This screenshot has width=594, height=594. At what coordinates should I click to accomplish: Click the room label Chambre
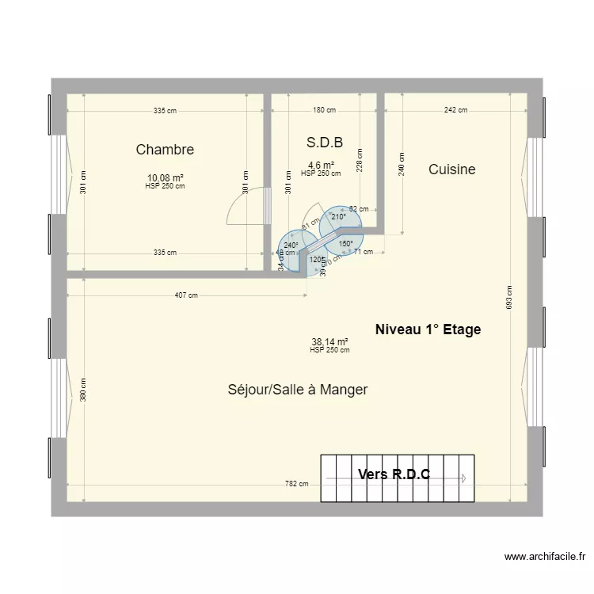[x=165, y=150]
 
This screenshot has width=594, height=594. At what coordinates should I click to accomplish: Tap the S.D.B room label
[x=324, y=143]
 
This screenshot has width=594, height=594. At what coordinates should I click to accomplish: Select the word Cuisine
[x=451, y=169]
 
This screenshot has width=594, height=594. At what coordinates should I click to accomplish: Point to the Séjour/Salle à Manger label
[x=298, y=390]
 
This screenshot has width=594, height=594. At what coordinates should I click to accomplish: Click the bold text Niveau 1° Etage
[x=428, y=329]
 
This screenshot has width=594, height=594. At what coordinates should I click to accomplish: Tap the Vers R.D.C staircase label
[x=394, y=474]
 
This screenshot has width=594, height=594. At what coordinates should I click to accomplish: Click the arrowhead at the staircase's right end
[x=464, y=478]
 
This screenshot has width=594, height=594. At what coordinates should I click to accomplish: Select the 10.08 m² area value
[x=165, y=178]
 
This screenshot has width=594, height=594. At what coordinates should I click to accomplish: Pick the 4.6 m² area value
[x=321, y=166]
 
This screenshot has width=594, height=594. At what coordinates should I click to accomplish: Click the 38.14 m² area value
[x=329, y=342]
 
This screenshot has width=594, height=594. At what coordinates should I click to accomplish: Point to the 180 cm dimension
[x=324, y=111]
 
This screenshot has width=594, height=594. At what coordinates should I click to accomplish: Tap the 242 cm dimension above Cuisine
[x=455, y=111]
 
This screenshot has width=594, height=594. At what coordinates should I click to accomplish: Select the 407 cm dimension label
[x=187, y=295]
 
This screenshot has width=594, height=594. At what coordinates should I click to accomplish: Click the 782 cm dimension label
[x=297, y=484]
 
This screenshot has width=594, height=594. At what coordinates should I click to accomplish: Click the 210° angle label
[x=338, y=217]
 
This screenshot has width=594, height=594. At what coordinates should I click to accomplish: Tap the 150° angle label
[x=346, y=244]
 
